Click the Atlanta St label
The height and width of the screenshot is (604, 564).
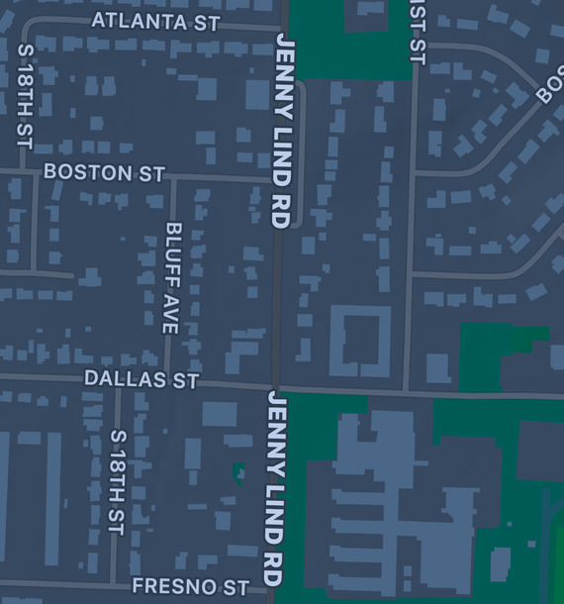pos(155,21)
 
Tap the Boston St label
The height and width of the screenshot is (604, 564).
pos(104,172)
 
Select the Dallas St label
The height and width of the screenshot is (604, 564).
pos(141,379)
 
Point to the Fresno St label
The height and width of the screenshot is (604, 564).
pos(190,586)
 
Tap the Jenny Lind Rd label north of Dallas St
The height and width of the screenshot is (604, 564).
pos(282,131)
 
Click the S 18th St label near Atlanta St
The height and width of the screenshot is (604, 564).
pos(25,95)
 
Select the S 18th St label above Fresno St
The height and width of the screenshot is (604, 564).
pos(117,482)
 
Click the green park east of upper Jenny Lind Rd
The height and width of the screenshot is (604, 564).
pos(351,40)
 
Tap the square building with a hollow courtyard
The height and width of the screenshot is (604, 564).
pos(360,341)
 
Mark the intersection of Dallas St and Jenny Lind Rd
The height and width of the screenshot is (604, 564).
pos(277,386)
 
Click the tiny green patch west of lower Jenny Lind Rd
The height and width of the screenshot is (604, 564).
pos(237,471)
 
